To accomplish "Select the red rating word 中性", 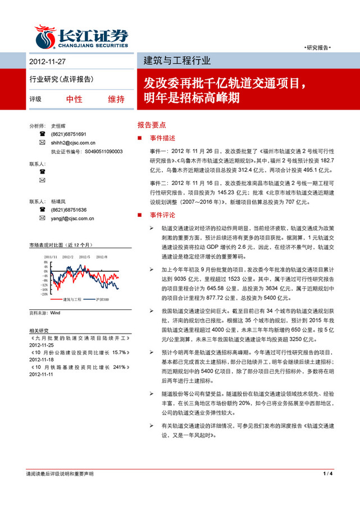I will tap(74, 99).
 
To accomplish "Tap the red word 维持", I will tap(116, 99).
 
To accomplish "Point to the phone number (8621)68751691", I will tap(69, 135).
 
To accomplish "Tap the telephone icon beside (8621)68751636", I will tap(42, 210).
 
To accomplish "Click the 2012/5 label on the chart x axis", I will tap(85, 256).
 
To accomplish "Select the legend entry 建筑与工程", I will tap(72, 299).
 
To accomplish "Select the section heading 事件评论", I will tap(162, 215).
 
